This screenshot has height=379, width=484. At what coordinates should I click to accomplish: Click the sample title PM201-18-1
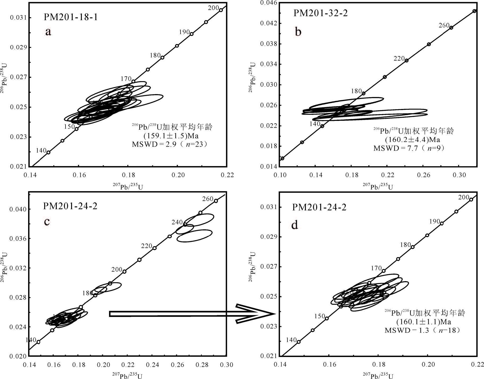[71, 17]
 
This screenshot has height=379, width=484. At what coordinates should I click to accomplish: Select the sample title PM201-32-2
[320, 13]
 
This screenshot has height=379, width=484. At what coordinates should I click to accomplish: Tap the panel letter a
[48, 32]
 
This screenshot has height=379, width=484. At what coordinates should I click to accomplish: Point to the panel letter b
[298, 32]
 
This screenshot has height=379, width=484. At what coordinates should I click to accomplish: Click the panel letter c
[47, 221]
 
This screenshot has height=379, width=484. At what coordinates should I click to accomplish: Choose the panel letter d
[295, 225]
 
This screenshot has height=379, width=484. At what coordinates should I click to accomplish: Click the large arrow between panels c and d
[191, 314]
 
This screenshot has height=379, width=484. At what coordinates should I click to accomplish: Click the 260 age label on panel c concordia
[207, 199]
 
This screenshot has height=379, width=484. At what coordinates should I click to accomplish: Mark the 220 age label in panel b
[399, 58]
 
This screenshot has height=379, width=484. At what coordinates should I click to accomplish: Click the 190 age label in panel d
[435, 221]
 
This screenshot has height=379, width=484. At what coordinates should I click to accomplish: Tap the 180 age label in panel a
[155, 55]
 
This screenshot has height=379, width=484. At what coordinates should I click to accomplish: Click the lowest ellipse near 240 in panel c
[194, 236]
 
